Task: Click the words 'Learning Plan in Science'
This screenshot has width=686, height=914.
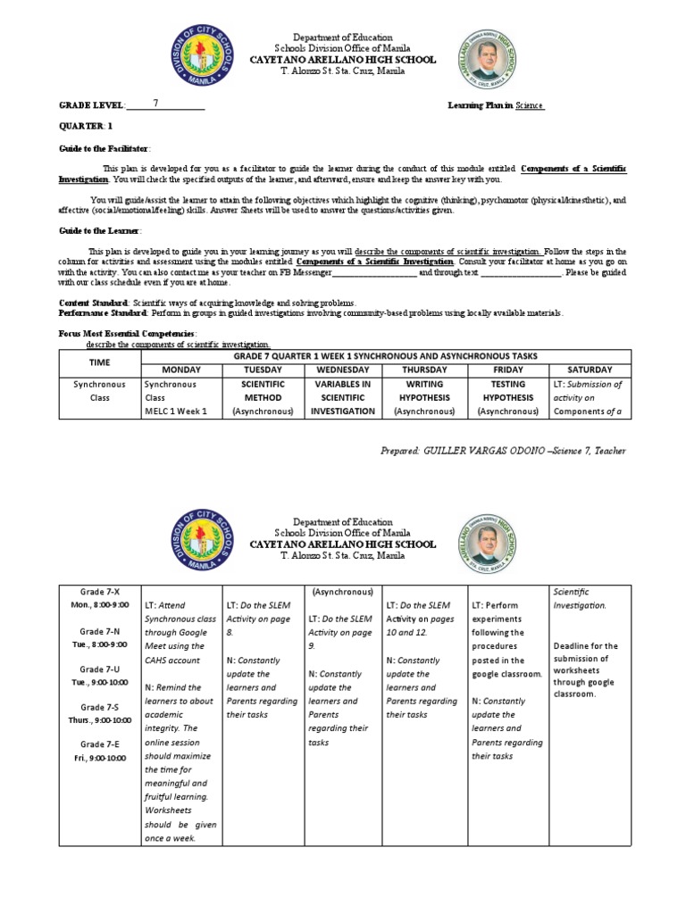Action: click(496, 105)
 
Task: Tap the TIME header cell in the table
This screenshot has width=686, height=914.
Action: click(100, 362)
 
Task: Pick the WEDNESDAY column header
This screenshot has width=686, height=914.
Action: click(343, 370)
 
